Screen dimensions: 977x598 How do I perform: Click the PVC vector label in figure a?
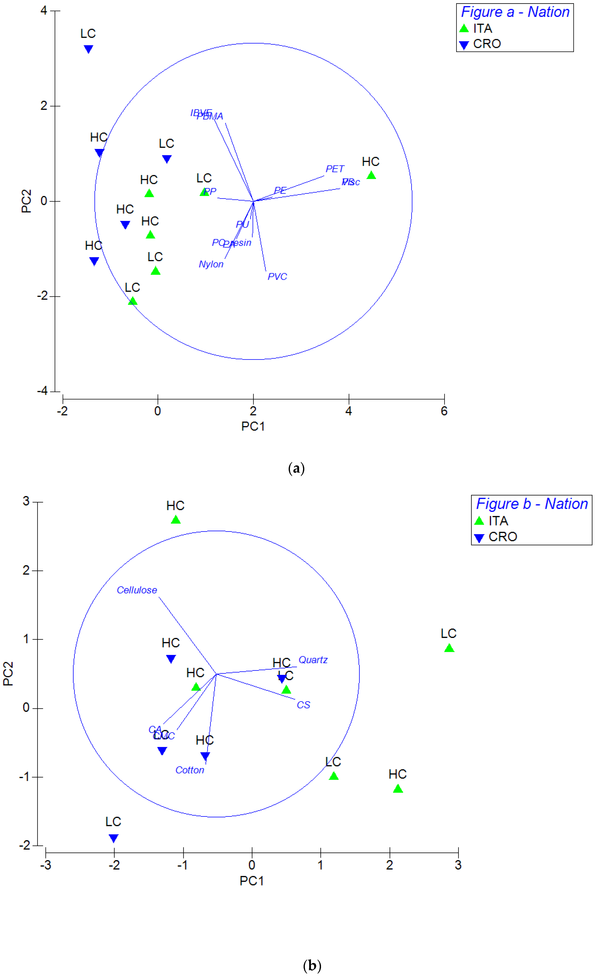[x=277, y=276]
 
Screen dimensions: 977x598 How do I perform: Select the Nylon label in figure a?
[x=211, y=264]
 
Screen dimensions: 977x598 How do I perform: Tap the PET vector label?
[x=334, y=169]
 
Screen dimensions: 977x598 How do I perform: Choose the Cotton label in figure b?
[x=190, y=770]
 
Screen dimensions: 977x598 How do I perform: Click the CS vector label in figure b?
[x=303, y=705]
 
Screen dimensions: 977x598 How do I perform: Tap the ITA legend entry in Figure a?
[x=482, y=29]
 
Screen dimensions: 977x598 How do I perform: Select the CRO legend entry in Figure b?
[x=502, y=537]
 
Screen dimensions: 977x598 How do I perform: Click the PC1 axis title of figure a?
[x=253, y=426]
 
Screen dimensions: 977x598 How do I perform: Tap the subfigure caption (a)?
[x=296, y=468]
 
